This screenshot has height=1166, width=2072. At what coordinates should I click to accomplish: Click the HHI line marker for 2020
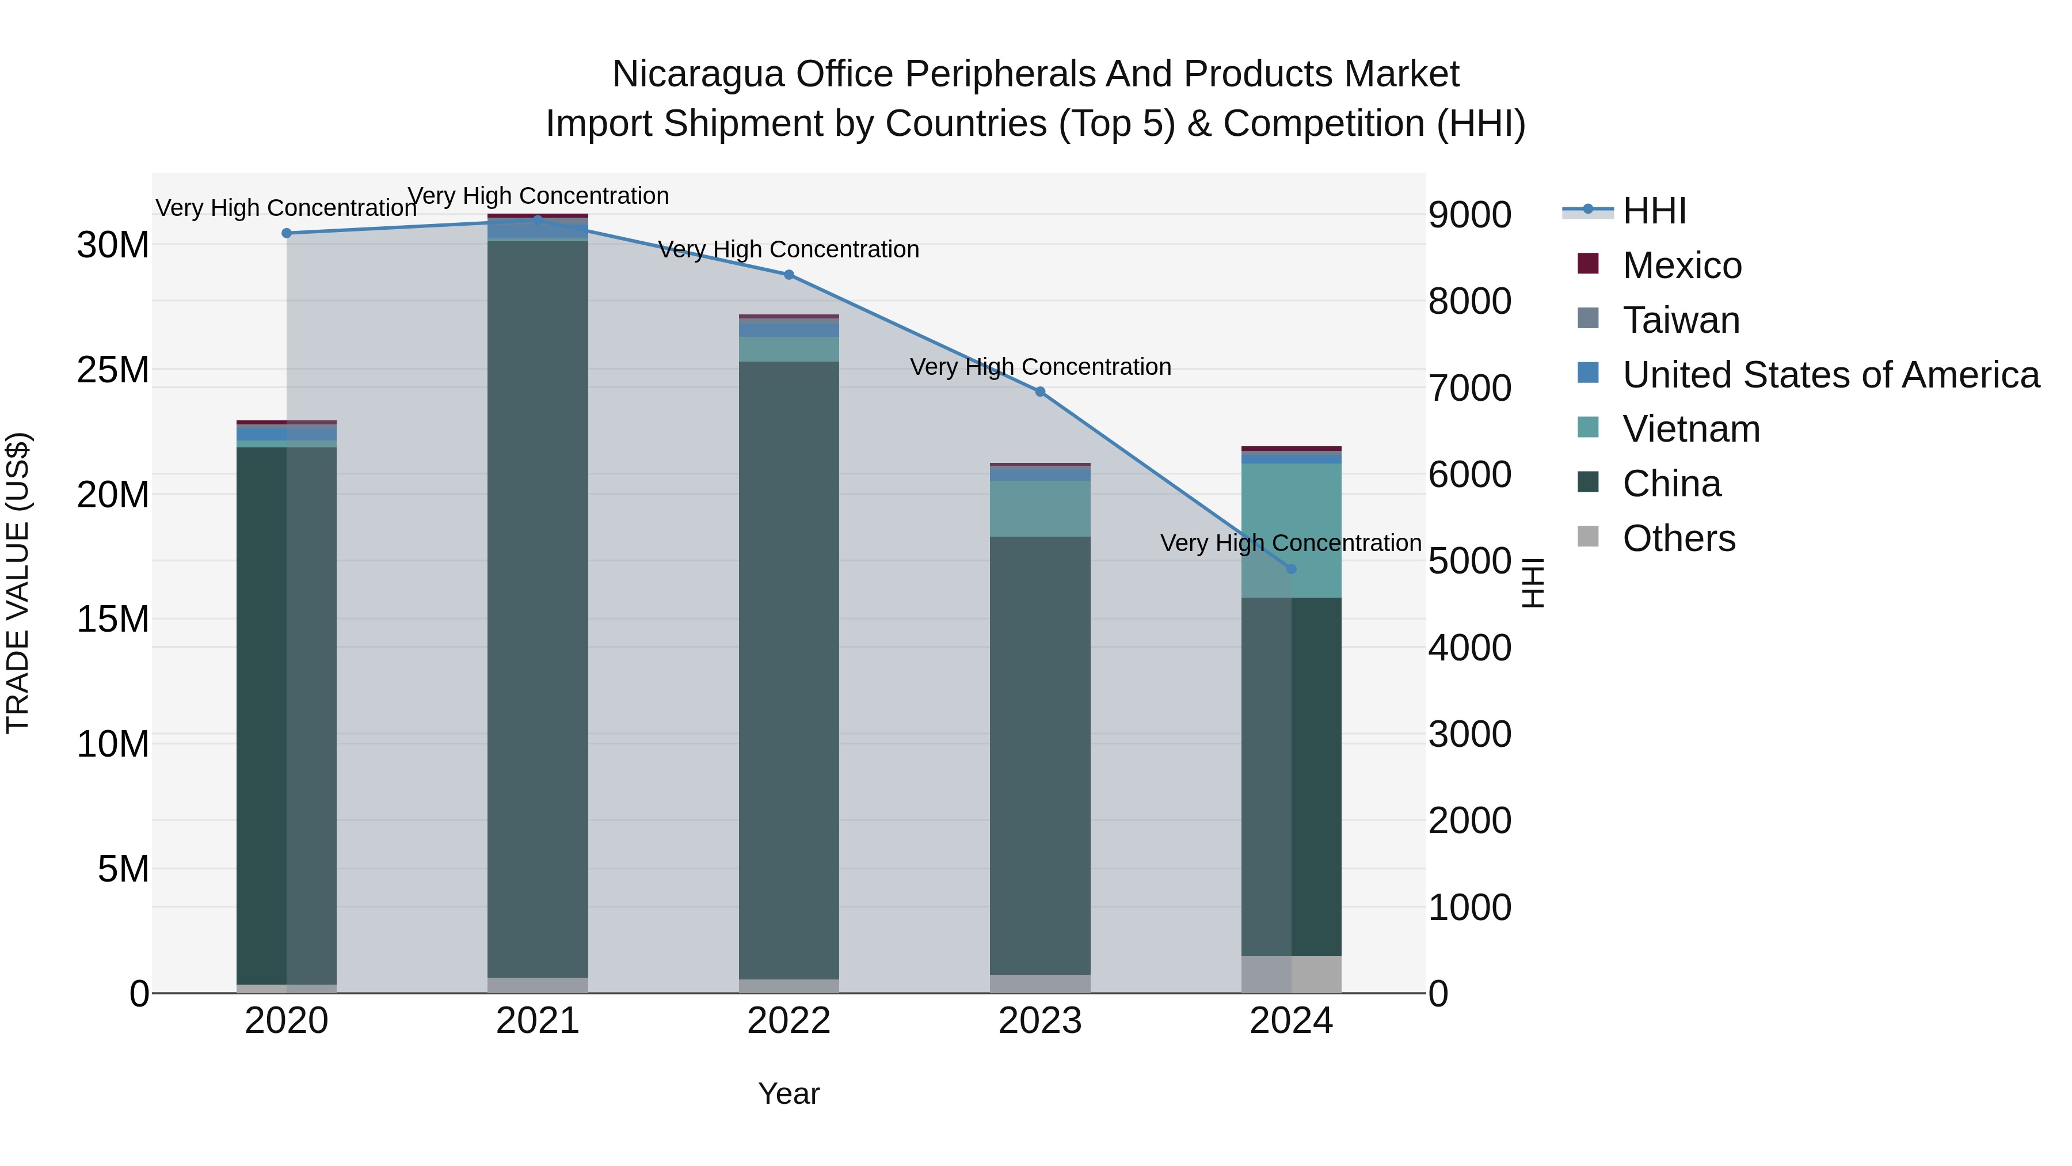[287, 233]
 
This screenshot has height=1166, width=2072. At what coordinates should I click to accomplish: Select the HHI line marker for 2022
[789, 275]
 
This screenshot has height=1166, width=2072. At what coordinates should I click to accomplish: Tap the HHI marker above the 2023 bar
[1040, 392]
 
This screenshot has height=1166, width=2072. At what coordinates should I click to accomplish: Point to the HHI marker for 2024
[1292, 569]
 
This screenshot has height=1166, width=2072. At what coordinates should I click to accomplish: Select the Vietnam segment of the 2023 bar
[1040, 508]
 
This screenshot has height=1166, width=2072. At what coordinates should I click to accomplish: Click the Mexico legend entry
[1681, 265]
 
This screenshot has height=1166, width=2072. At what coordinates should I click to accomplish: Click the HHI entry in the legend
[1653, 211]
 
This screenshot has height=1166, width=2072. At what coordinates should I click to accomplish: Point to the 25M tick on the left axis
[113, 370]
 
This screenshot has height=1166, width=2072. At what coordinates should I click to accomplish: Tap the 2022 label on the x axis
[789, 1021]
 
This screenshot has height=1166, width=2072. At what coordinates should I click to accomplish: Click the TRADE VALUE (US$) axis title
[18, 583]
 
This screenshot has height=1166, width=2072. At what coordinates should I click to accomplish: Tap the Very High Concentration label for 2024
[1290, 543]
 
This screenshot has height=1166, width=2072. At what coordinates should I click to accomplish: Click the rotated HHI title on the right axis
[1533, 583]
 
